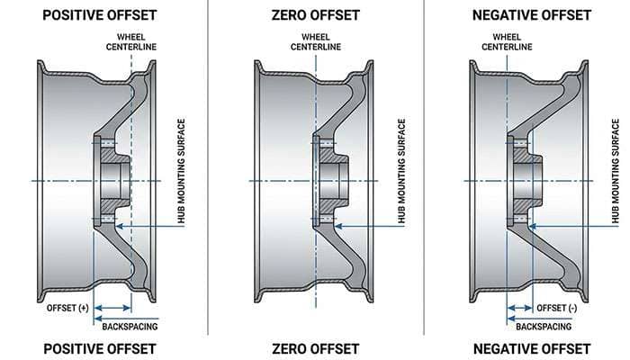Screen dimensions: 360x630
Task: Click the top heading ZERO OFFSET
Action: [315, 15]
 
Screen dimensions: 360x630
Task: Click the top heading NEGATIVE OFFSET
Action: [531, 15]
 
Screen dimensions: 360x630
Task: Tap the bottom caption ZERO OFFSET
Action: [315, 348]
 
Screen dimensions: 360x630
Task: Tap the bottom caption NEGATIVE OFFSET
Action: [531, 348]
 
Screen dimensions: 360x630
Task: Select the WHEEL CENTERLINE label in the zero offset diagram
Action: [315, 41]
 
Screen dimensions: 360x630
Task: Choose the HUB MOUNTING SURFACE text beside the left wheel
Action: [180, 171]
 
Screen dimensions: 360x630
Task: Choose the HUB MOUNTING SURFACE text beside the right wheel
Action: [615, 171]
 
